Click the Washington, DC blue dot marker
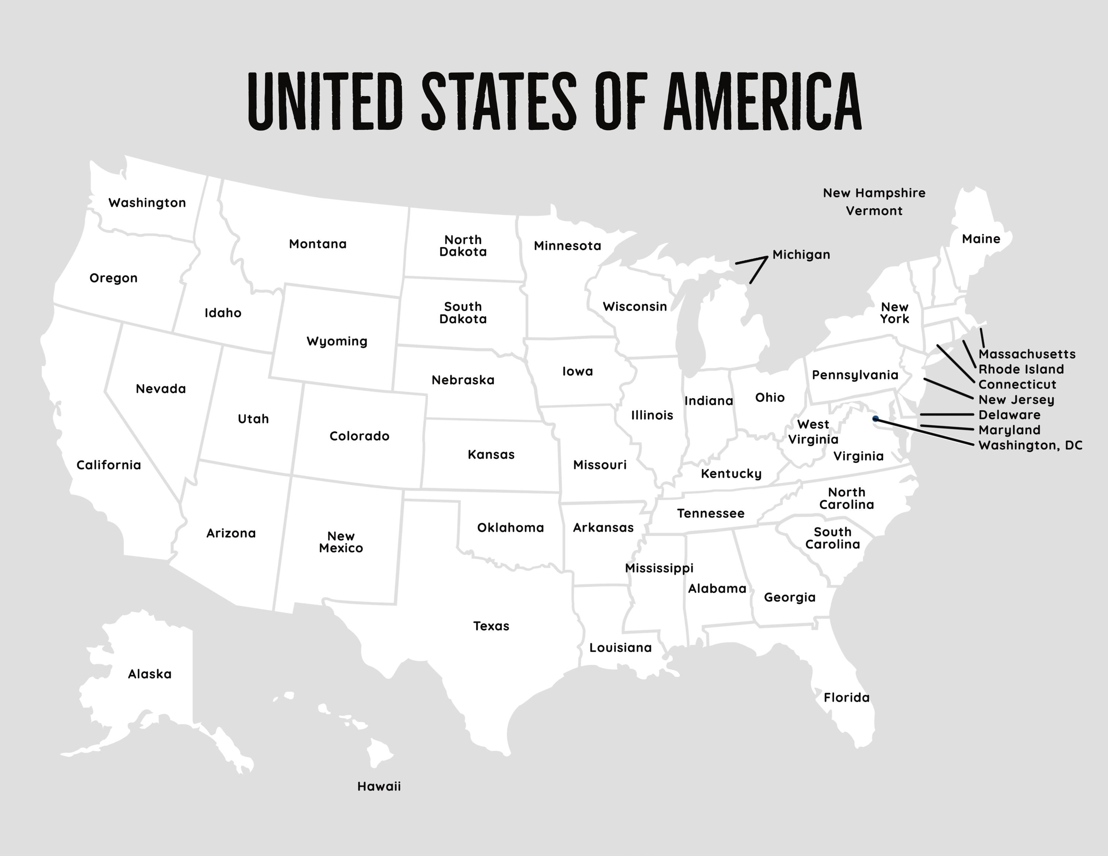pyautogui.click(x=875, y=418)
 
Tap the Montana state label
pyautogui.click(x=318, y=244)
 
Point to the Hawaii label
pyautogui.click(x=379, y=786)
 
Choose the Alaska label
pyautogui.click(x=150, y=674)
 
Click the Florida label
pyautogui.click(x=846, y=697)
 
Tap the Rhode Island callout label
pyautogui.click(x=1021, y=369)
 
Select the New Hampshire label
pyautogui.click(x=873, y=193)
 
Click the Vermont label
pyautogui.click(x=873, y=211)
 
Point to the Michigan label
pyautogui.click(x=801, y=254)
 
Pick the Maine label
pyautogui.click(x=981, y=239)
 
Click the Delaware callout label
pyautogui.click(x=1009, y=415)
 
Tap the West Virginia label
pyautogui.click(x=813, y=432)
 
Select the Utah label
pyautogui.click(x=253, y=419)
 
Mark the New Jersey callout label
pyautogui.click(x=1016, y=400)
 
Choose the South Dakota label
pyautogui.click(x=463, y=313)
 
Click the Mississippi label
pyautogui.click(x=659, y=568)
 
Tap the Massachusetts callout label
pyautogui.click(x=1026, y=354)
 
